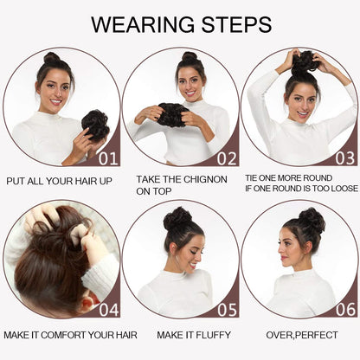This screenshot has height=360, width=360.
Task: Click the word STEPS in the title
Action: (x=236, y=24)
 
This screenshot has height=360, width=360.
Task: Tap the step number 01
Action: (x=108, y=158)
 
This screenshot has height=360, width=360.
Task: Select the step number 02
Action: (x=227, y=158)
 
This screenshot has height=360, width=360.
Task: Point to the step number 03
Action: (x=345, y=158)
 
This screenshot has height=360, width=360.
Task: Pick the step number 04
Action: (x=109, y=310)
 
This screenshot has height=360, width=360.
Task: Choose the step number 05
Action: (x=227, y=310)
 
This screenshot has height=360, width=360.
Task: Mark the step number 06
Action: (x=345, y=310)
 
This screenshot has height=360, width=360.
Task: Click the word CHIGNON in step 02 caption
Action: (x=205, y=179)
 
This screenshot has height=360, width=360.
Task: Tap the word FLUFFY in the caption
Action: (x=214, y=335)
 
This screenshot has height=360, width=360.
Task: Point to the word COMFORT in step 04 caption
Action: (x=63, y=335)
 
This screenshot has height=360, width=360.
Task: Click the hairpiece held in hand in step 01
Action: (x=95, y=125)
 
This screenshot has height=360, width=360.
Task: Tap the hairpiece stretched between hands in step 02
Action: (x=173, y=115)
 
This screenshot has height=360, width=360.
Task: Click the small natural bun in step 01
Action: (x=52, y=59)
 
